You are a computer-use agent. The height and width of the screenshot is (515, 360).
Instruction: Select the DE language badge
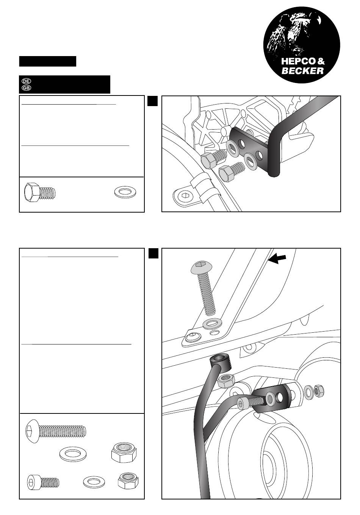pos(26,81)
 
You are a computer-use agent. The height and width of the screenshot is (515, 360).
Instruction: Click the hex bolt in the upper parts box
pos(39,193)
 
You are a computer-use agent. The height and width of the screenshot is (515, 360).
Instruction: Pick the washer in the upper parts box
pos(126,193)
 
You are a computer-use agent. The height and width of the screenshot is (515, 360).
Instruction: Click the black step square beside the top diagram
pos(152,100)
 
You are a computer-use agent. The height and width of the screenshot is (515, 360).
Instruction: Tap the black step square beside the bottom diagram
pos(153,253)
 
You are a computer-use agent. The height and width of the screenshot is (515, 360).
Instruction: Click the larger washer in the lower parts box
pos(72,454)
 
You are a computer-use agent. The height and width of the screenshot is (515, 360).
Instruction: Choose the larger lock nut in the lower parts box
pos(124,452)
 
